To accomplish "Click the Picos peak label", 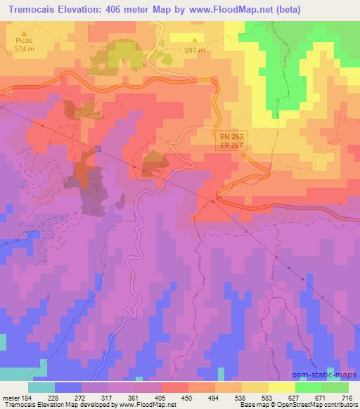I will [26, 41].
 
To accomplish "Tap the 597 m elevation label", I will [195, 50].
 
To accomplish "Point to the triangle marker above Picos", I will [26, 33].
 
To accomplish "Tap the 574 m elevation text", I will [26, 49].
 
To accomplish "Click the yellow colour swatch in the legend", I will [281, 387].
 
